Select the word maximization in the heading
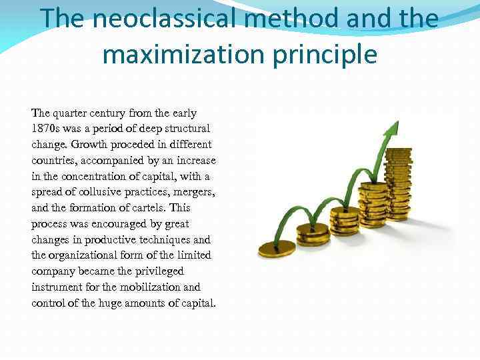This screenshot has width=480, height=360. point(183,54)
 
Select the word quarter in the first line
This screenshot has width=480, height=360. point(75,113)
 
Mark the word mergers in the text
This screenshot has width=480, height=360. point(196,192)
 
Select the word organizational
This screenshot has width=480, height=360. point(83,255)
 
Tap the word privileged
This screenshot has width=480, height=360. point(160,271)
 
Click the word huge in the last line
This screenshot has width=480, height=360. point(115,303)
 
